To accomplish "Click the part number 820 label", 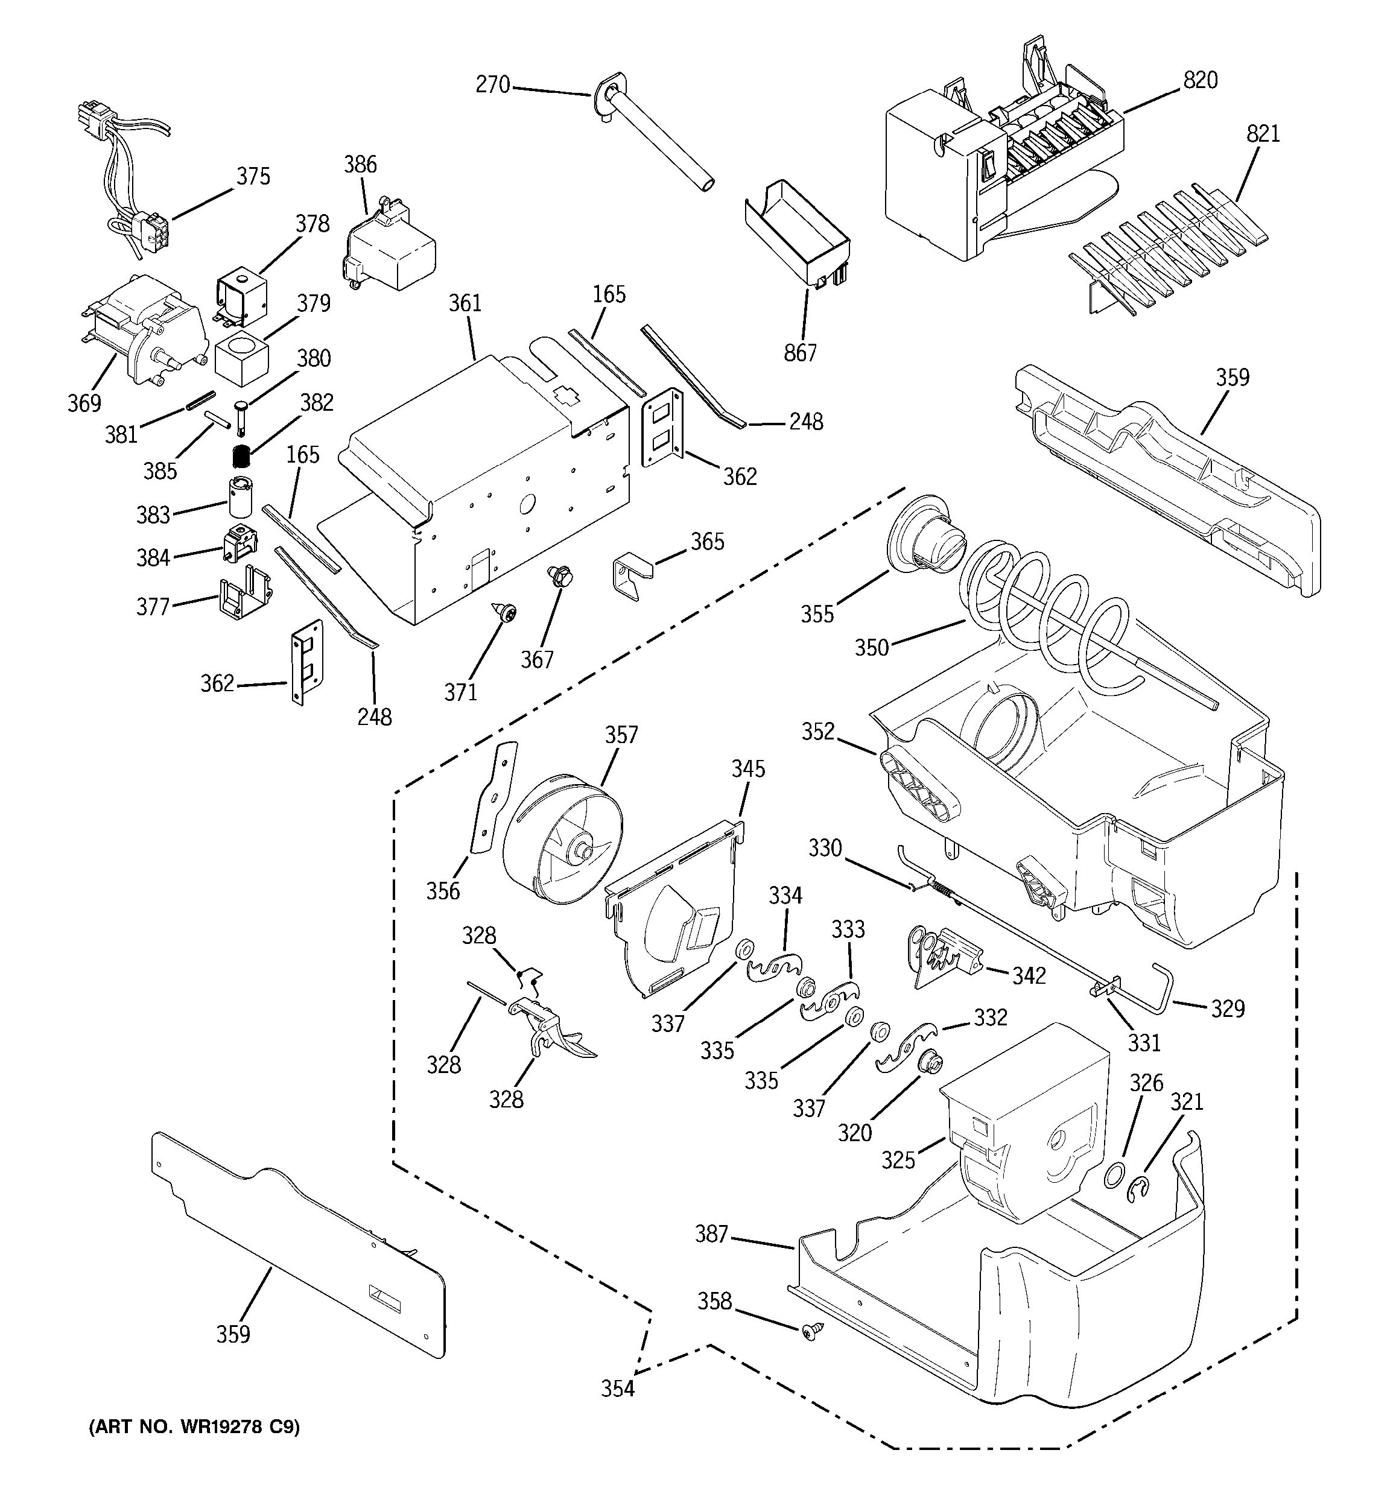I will pos(1200,81).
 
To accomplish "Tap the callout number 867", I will pos(800,352).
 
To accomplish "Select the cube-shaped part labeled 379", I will pos(241,359).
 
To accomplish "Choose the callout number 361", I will pos(465,303).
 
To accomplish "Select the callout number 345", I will pos(748,768).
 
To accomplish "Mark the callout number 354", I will pos(618,1389).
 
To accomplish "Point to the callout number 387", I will pos(711,1234).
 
